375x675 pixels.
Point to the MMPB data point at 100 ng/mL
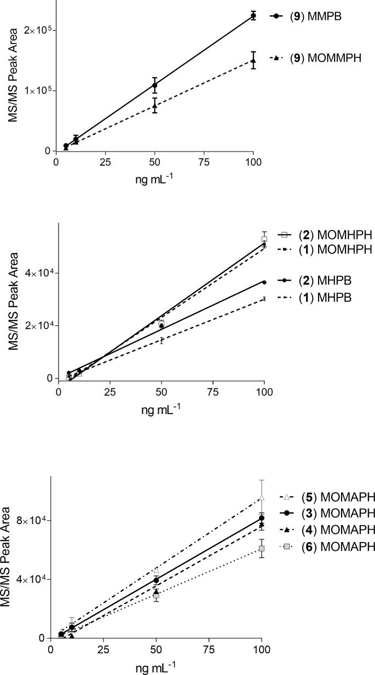pyautogui.click(x=253, y=16)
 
